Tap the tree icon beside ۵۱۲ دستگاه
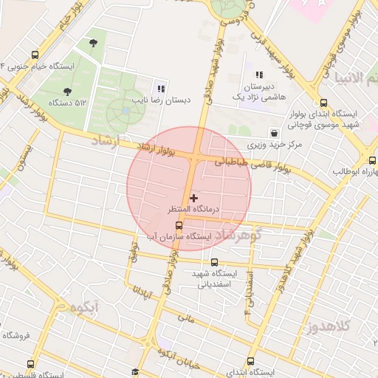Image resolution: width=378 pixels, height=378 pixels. [x=68, y=92]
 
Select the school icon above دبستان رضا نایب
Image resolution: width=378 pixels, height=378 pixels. [x=161, y=86]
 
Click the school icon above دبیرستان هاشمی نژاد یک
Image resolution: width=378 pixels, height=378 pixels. [x=259, y=75]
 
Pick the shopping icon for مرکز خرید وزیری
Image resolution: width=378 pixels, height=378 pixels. [x=275, y=134]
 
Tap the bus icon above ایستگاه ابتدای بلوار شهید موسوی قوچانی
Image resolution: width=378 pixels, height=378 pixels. [x=323, y=103]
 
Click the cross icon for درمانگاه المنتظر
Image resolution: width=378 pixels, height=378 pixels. [x=194, y=198]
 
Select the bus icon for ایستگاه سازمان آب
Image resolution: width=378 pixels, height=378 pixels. [x=179, y=225]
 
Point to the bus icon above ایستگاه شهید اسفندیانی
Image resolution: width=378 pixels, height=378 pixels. [x=215, y=261]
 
